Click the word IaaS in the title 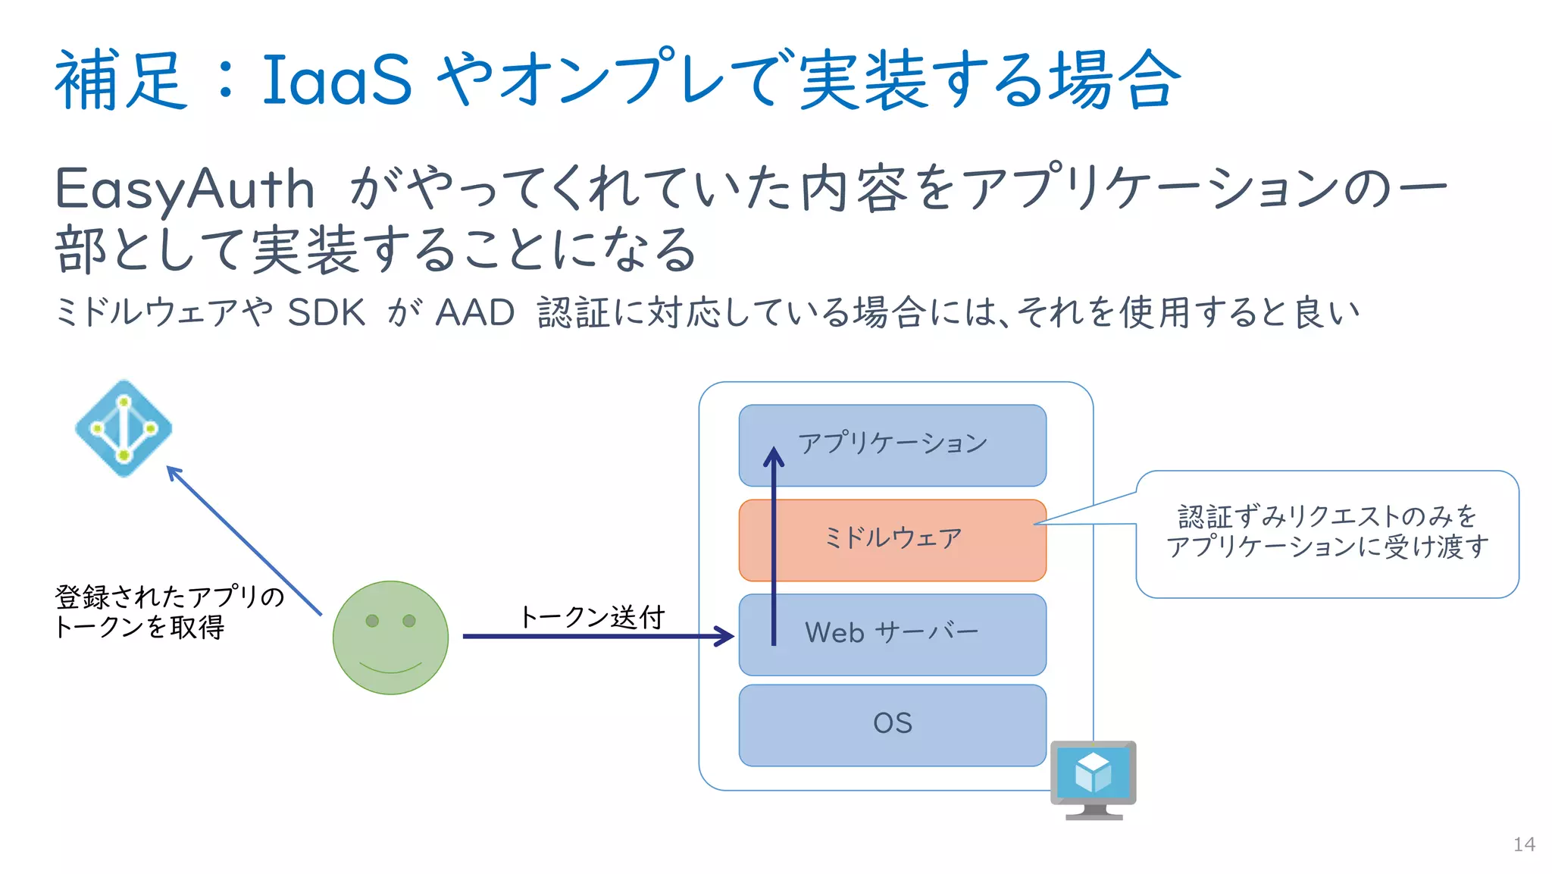(x=336, y=80)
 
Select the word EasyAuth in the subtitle (x=184, y=189)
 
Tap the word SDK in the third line (x=326, y=312)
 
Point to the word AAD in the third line (x=475, y=312)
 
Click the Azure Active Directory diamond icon (x=124, y=428)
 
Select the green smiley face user (x=390, y=637)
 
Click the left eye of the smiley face (x=372, y=620)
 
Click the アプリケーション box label (x=893, y=443)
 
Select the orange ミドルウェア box (x=893, y=539)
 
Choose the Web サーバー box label (x=892, y=632)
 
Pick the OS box (x=893, y=724)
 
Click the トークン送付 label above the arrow (x=591, y=616)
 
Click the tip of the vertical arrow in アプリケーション (x=773, y=451)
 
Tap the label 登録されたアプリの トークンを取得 (x=168, y=612)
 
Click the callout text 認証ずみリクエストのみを (x=1327, y=516)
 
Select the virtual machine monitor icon (x=1093, y=778)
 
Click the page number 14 (x=1523, y=844)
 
